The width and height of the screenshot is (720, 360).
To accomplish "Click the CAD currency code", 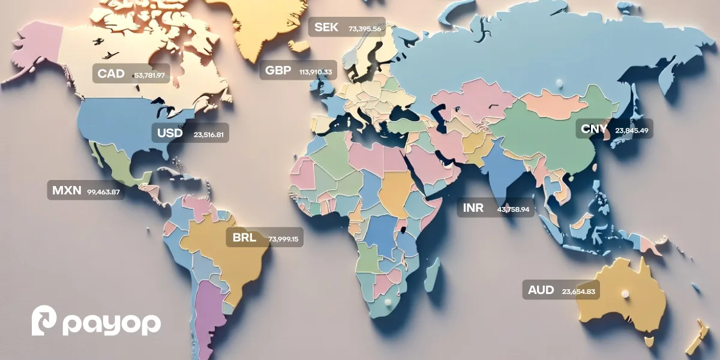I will pos(111,74).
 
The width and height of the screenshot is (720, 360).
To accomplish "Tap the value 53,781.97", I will pos(149,75).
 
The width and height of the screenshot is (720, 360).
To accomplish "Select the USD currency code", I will pos(169,133).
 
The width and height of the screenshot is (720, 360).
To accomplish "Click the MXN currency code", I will pos(66,191).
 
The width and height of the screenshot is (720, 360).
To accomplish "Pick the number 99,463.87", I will pos(103,192).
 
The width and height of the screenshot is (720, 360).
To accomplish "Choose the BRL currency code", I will pos(244,238).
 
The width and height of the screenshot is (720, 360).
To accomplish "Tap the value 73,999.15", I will pos(283,239).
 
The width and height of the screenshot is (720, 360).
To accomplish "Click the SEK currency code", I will pos(326,27).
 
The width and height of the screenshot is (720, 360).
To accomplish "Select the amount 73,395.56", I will pos(365,28).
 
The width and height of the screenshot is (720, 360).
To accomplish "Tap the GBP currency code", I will pos(278,71).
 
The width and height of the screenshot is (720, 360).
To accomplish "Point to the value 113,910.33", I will pos(316,72).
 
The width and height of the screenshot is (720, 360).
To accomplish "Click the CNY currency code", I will pos(595,128).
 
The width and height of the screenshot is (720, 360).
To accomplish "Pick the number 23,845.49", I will pos(632,129).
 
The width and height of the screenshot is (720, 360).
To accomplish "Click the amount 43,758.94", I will pos(513,209).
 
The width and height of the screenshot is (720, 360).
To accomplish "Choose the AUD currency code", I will pos(541,290).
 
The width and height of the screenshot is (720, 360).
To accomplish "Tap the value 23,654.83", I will pos(578,292).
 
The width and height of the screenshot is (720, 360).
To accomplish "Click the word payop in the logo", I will pos(112,324).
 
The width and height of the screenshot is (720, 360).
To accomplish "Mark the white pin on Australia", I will pos(625,293).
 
